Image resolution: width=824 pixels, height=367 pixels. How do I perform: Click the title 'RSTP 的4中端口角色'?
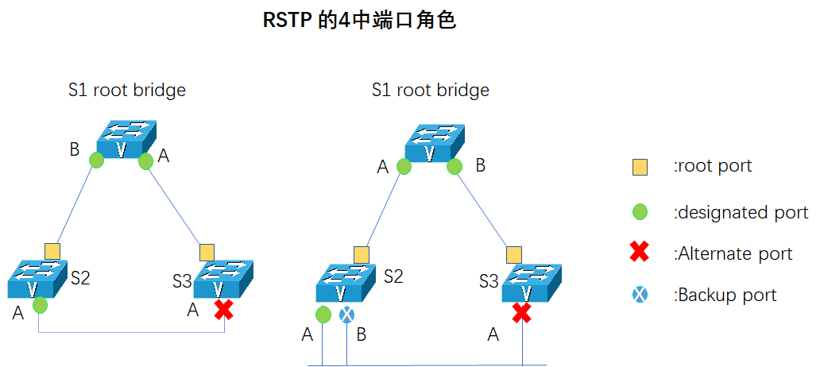(x=359, y=21)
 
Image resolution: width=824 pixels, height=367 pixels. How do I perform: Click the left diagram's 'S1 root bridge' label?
(x=126, y=90)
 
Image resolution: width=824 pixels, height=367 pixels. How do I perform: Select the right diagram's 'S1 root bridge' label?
(x=430, y=90)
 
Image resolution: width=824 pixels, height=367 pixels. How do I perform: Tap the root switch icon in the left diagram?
(x=126, y=140)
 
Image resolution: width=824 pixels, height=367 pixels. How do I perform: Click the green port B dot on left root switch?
(x=96, y=160)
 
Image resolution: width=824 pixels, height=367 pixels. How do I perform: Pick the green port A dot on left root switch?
(x=145, y=162)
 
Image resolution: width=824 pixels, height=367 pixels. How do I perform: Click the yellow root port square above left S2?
(x=52, y=251)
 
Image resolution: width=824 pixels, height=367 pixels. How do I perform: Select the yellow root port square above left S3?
(x=207, y=252)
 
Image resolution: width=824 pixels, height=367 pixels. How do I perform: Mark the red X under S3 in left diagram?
(x=224, y=310)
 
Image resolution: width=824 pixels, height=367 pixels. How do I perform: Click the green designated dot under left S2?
(x=41, y=305)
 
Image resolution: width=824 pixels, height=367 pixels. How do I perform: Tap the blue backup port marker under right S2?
(x=346, y=315)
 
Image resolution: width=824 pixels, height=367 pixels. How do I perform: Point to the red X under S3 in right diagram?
(x=521, y=313)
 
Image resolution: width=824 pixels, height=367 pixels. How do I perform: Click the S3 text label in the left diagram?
(x=182, y=281)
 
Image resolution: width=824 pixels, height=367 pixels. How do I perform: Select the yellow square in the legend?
(x=640, y=167)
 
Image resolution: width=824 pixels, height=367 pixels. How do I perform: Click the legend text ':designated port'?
(x=741, y=212)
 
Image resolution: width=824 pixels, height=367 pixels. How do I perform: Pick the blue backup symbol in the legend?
(x=640, y=295)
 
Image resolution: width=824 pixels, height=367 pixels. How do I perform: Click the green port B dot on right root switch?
(x=455, y=166)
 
